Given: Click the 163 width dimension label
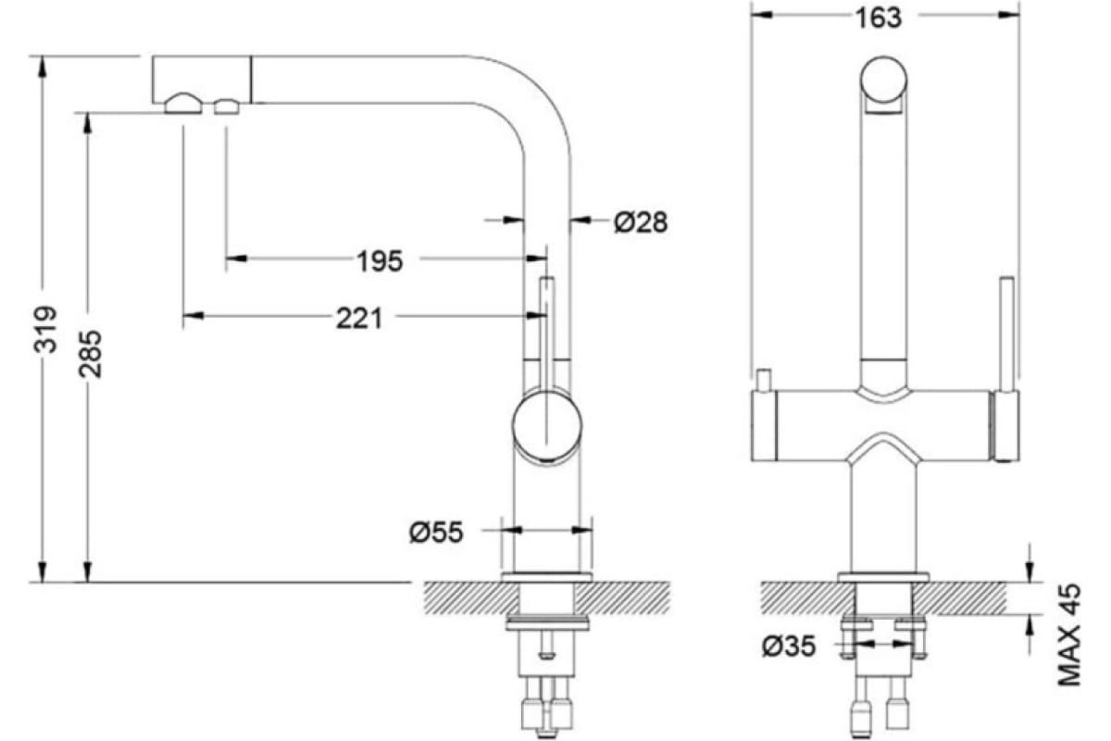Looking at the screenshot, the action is [879, 19].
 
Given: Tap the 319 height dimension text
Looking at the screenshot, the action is [45, 330].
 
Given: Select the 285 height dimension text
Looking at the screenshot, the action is [91, 354].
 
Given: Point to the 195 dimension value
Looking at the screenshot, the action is [381, 261].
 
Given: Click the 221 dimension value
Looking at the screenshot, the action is [359, 318].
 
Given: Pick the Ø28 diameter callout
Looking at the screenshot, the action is [641, 222].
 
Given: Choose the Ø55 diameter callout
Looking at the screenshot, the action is [436, 533].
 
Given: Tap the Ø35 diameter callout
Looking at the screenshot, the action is [789, 647].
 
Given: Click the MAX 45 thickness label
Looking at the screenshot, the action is [1069, 634].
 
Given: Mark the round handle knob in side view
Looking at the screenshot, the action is [547, 425].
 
